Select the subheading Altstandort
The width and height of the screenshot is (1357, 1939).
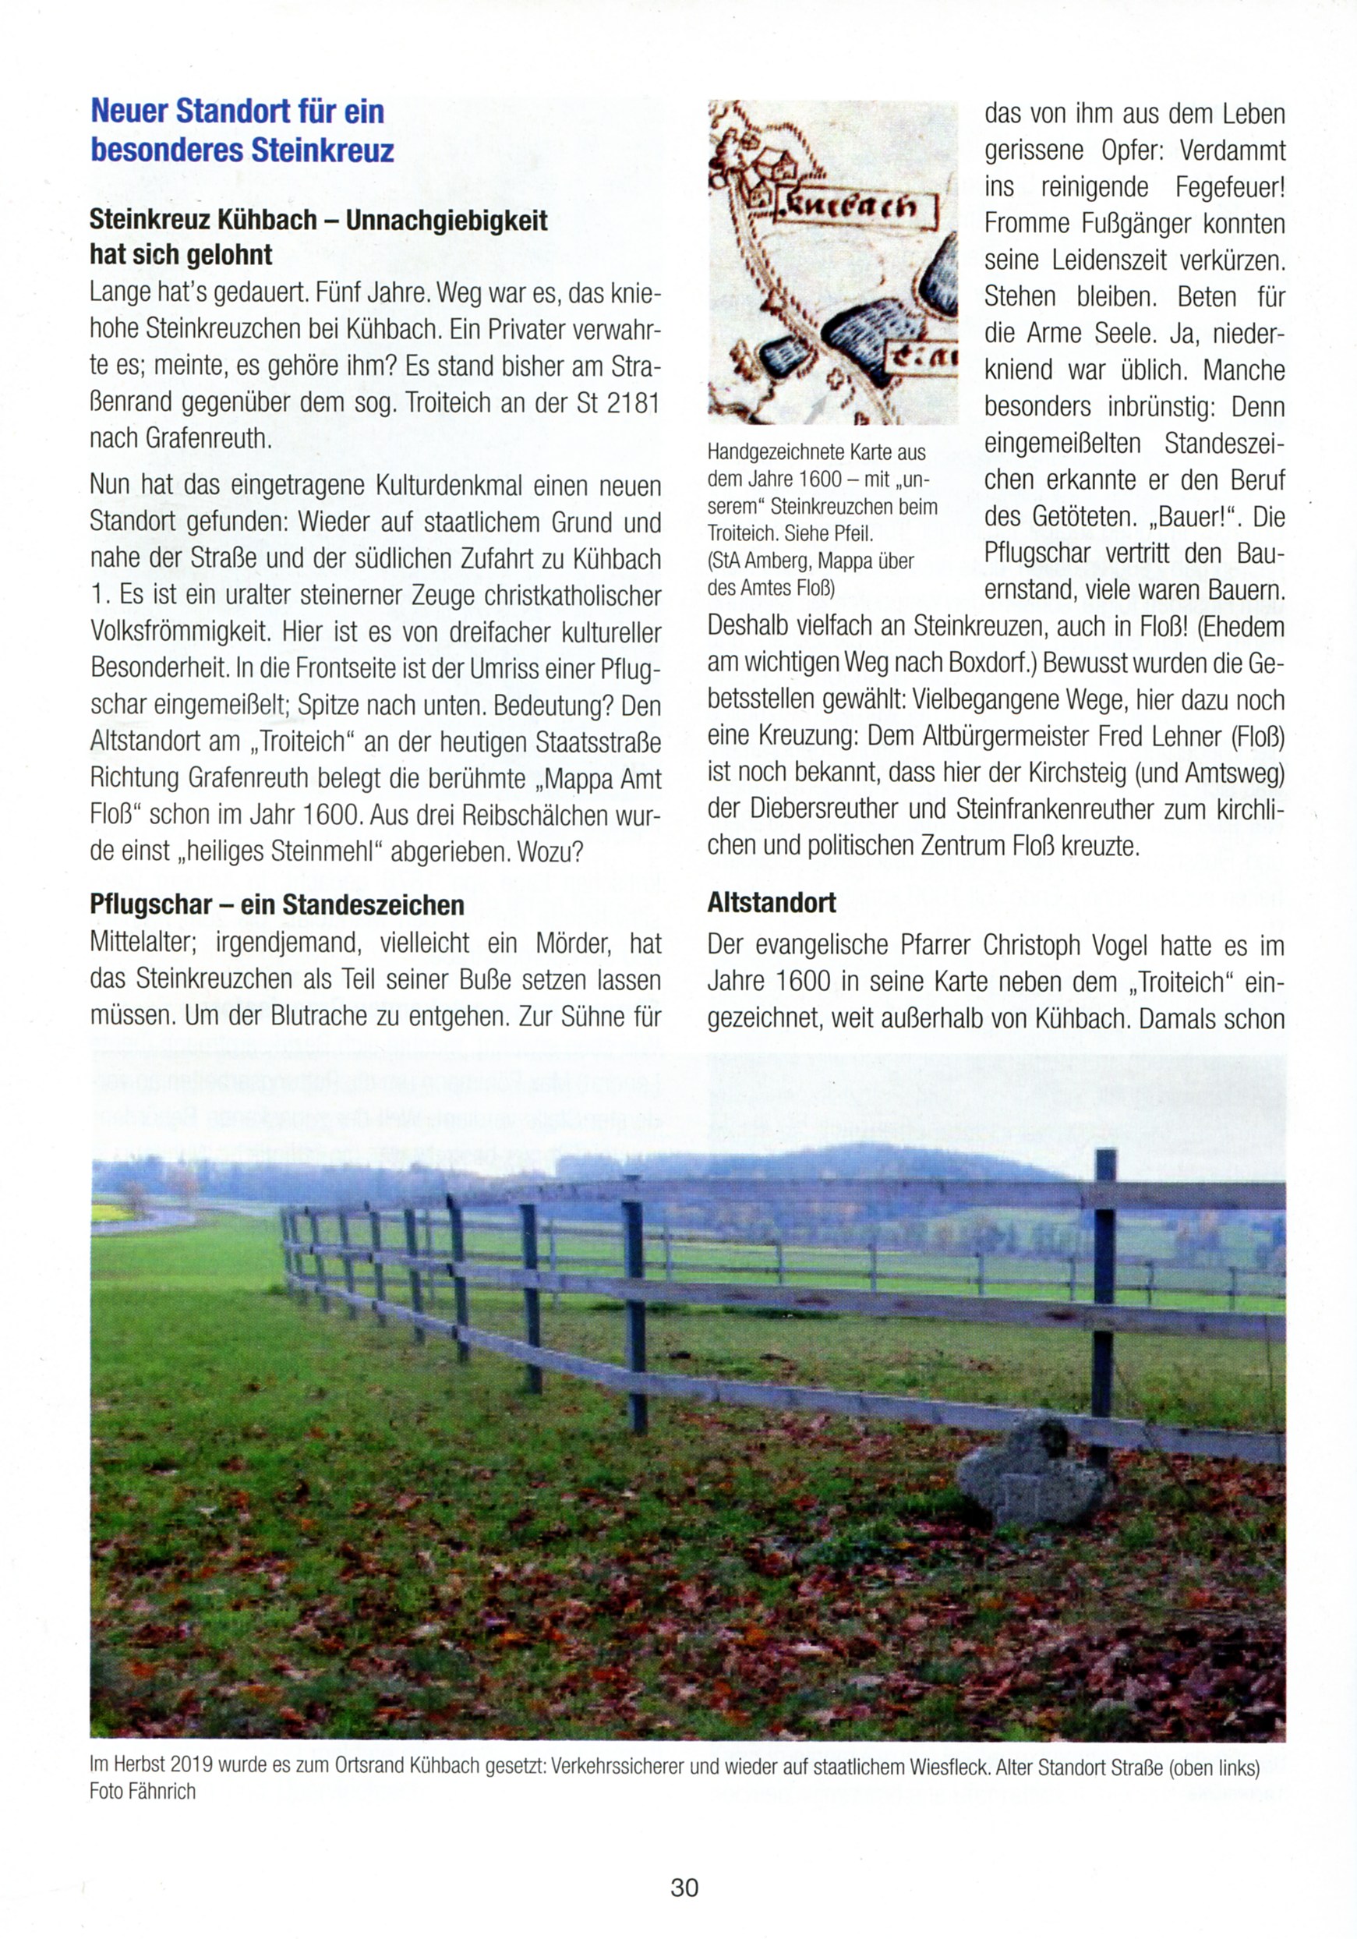[x=771, y=903]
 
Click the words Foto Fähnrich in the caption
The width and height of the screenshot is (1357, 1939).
[x=142, y=1791]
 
